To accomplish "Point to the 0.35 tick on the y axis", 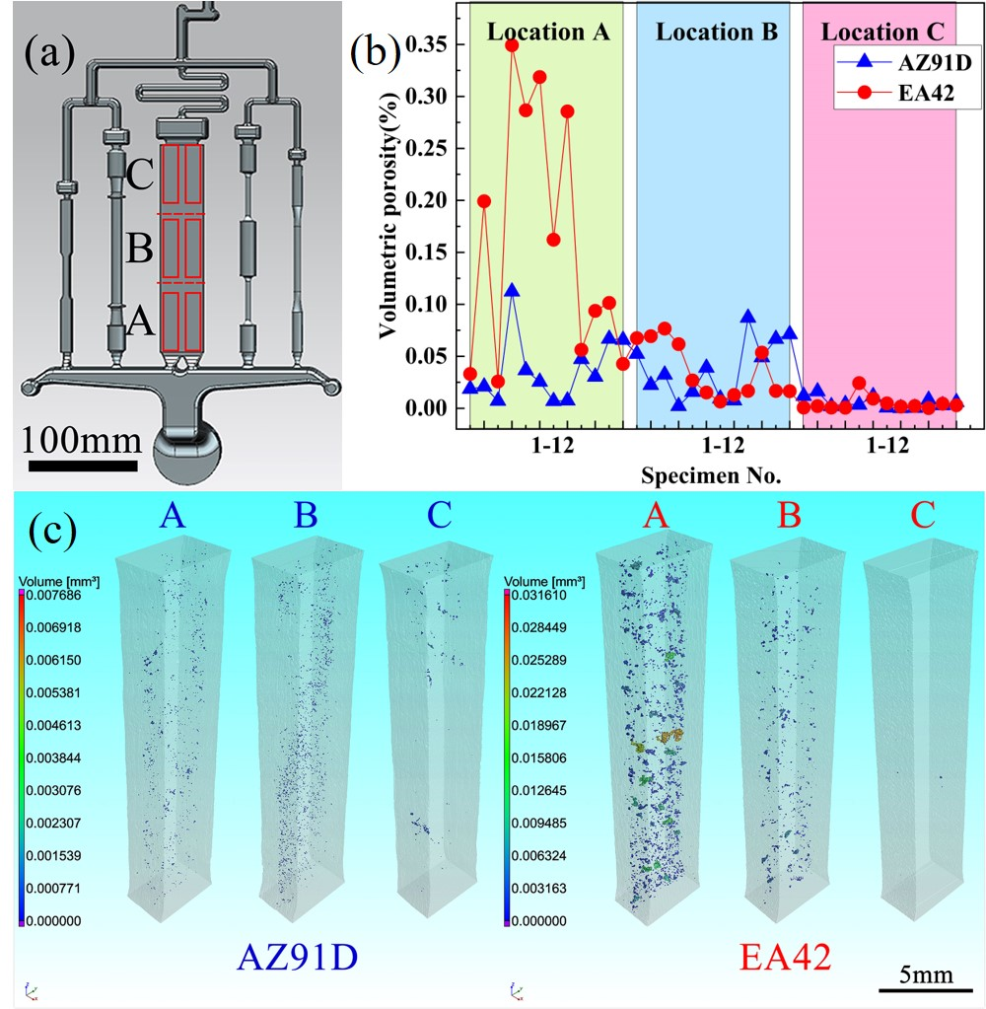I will tap(428, 44).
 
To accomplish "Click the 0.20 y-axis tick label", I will tap(428, 200).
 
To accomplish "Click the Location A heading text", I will tap(548, 32).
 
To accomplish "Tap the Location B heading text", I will tap(717, 32).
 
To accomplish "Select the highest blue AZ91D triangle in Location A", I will tap(512, 290).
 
